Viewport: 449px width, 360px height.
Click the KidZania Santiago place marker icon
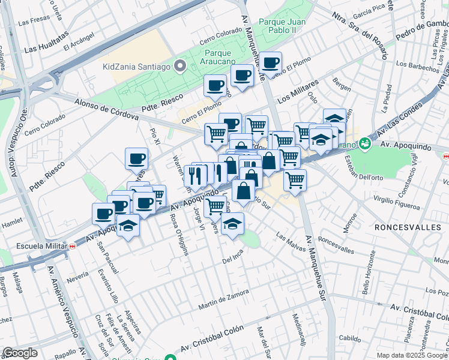coord(179,66)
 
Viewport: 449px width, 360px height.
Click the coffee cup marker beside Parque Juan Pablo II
coord(270,62)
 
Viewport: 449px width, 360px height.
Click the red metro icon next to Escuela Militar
coord(72,245)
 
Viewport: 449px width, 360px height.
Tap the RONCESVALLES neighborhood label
coord(408,228)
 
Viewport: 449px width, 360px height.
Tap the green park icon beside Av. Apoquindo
coord(364,144)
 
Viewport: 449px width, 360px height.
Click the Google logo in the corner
coord(20,353)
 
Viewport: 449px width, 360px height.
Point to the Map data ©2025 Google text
coord(412,355)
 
